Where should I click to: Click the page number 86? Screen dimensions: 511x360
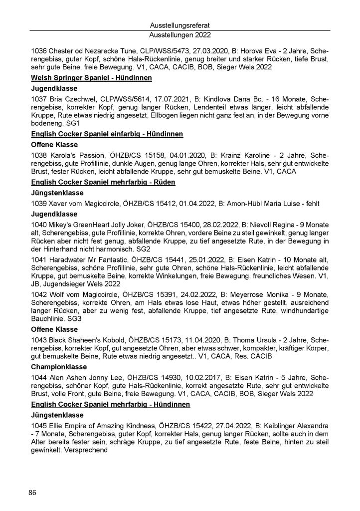pos(33,493)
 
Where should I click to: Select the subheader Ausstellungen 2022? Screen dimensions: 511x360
pos(180,35)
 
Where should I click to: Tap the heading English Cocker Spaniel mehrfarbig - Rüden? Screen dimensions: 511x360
pos(103,182)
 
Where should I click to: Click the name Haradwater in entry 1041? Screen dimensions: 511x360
pos(68,259)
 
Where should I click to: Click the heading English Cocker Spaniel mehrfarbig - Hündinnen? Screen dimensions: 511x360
pos(110,404)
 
